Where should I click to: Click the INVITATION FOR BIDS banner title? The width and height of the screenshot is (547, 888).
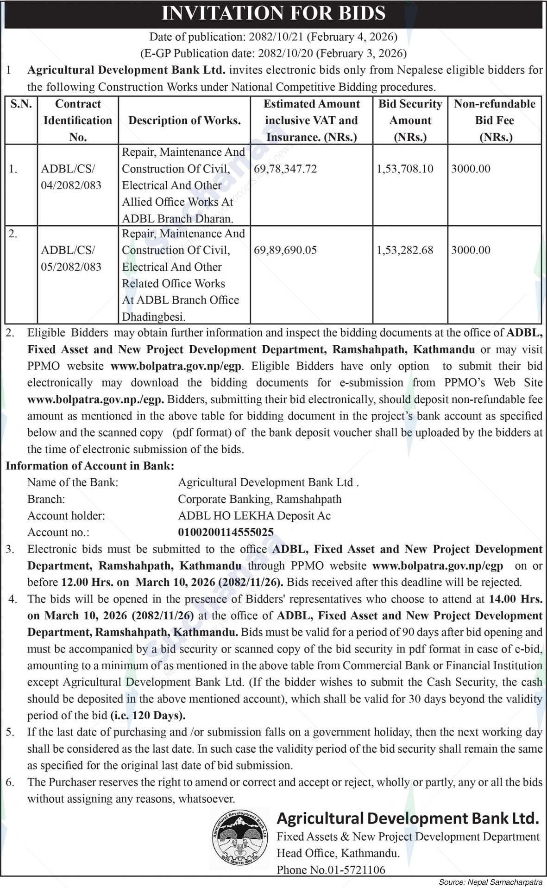273,13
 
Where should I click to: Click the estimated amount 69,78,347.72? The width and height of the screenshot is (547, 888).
285,169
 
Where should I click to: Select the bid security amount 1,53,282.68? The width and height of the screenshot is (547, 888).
405,250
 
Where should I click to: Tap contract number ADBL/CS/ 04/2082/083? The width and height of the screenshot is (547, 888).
71,177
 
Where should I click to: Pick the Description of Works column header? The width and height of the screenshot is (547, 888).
184,121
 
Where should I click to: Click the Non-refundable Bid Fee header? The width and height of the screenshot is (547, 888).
494,121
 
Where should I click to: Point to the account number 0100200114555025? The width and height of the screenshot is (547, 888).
226,533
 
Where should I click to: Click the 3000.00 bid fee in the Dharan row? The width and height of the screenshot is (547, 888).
471,169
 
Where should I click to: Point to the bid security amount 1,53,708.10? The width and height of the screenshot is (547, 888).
405,169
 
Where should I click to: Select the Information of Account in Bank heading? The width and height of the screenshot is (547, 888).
90,466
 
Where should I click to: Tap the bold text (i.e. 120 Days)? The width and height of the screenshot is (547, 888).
148,716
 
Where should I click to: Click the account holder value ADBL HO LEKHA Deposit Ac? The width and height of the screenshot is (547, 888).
254,516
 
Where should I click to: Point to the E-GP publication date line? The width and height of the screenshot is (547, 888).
273,53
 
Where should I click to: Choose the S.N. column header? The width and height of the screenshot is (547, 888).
21,104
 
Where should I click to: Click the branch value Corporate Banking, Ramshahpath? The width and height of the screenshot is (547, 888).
260,499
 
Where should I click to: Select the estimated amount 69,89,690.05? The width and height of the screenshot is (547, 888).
285,250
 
